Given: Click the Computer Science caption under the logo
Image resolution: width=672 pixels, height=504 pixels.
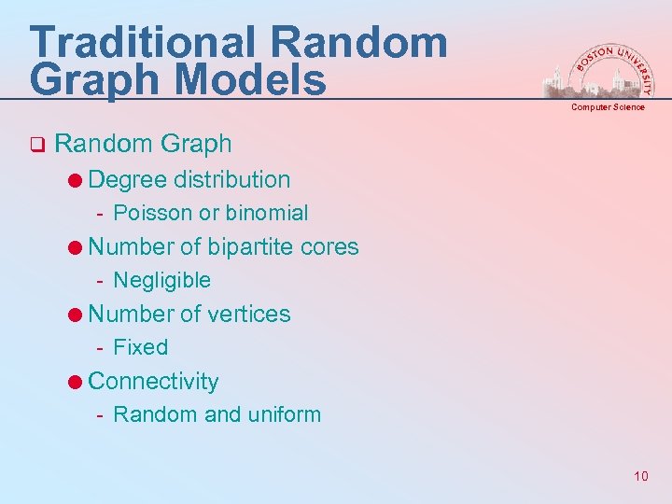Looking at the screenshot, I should click(x=608, y=107).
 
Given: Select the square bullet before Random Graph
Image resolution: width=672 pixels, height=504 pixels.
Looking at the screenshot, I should click(x=36, y=145).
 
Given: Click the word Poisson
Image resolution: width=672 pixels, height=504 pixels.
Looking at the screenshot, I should click(x=149, y=213).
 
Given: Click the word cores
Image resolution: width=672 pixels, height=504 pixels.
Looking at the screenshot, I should click(x=329, y=246).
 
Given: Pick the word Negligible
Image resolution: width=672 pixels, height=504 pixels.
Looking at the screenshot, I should click(x=161, y=280).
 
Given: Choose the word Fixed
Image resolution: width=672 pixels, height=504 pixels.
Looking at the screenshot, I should click(x=140, y=347).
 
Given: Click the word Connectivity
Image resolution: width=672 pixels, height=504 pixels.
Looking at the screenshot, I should click(x=153, y=381).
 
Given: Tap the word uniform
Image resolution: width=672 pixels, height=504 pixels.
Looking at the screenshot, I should click(x=284, y=414).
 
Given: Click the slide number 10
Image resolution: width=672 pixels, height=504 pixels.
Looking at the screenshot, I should click(x=640, y=477).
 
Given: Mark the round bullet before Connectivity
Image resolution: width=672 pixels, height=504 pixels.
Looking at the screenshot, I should click(x=75, y=382).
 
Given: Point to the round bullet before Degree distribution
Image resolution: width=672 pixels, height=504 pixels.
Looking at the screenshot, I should click(x=75, y=180).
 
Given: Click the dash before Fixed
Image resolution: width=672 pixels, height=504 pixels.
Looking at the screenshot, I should click(x=100, y=348).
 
